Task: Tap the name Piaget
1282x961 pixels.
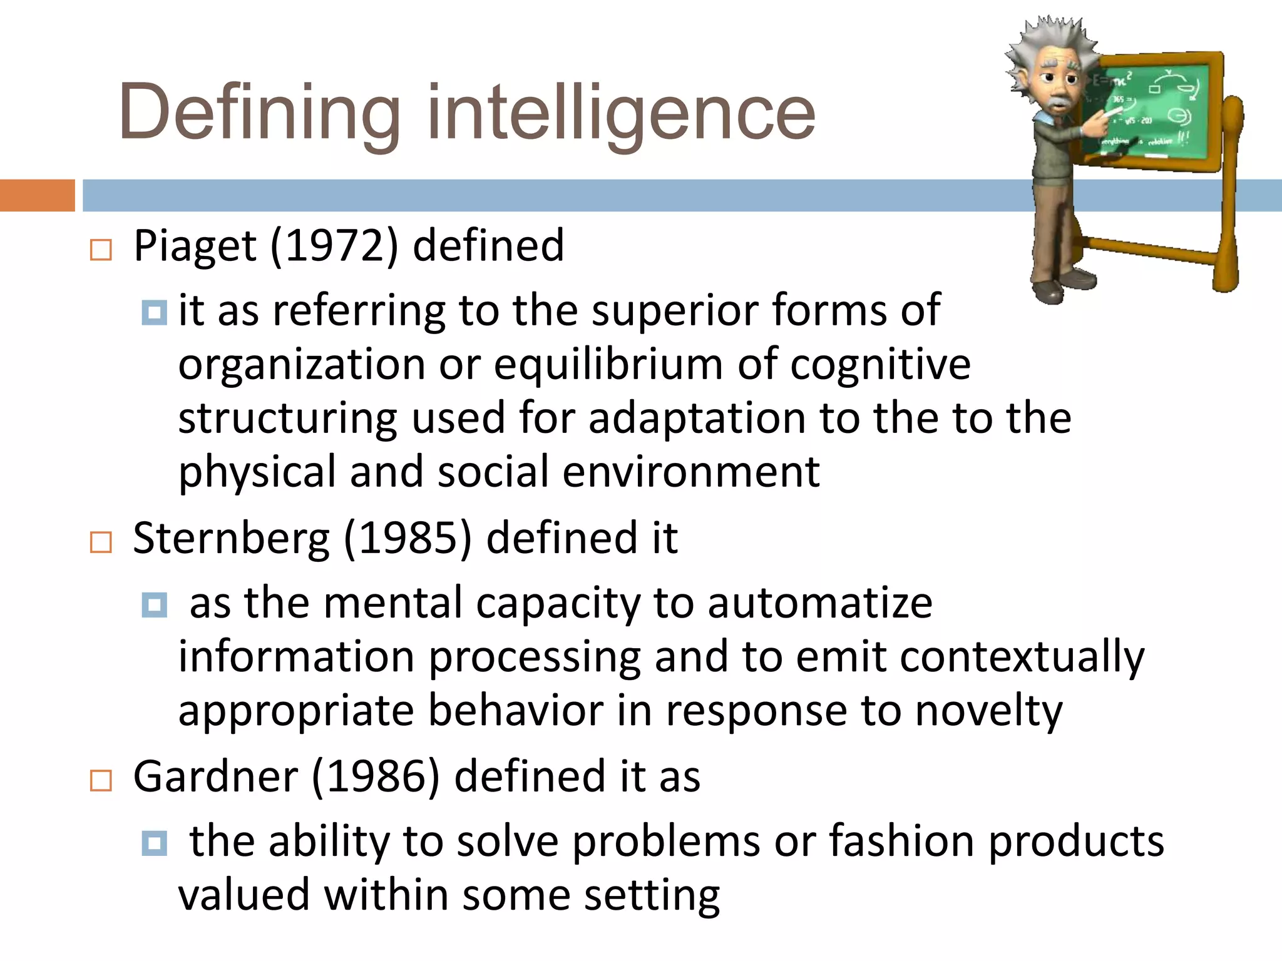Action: tap(195, 245)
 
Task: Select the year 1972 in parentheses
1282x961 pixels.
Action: tap(334, 245)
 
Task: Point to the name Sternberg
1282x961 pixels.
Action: tap(231, 538)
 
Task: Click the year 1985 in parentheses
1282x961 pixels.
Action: tap(408, 538)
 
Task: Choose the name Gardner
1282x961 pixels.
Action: tap(215, 776)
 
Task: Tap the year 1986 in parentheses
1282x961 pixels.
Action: tap(376, 776)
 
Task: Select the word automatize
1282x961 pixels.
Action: tap(819, 603)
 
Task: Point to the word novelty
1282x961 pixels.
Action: tap(988, 711)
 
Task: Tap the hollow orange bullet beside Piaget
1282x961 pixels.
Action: tap(101, 250)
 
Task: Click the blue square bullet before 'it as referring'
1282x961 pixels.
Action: tap(155, 312)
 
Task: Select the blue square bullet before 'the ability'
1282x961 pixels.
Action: tap(155, 843)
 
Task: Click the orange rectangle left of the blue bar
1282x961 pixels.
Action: tap(37, 195)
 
